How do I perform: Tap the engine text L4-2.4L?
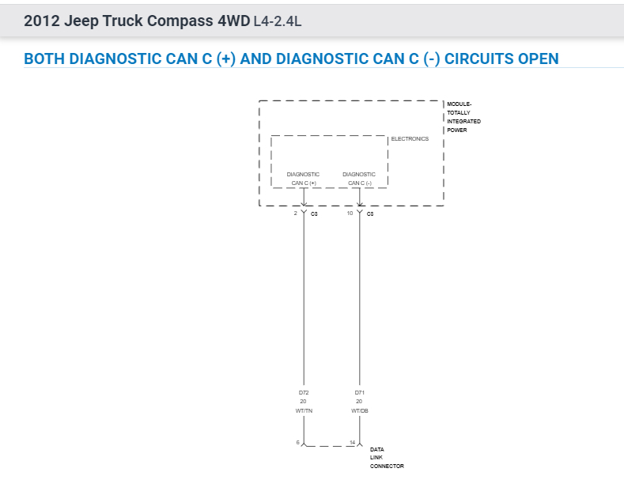pos(277,22)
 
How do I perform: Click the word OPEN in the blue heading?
pos(533,59)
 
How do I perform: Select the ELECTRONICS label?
pos(410,139)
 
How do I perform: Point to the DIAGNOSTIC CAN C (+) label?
pos(303,179)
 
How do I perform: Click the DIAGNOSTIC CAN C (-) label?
pos(359,179)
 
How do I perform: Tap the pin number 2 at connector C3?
pos(295,213)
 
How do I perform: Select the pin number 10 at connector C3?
pos(350,213)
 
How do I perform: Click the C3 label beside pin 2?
pos(314,214)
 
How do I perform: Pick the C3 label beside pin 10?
pos(369,214)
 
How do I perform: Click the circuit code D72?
pos(303,392)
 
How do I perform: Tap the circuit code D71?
pos(359,392)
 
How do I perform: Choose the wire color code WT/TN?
pos(303,411)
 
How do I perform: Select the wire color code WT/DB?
pos(359,411)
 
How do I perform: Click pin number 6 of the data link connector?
pos(298,442)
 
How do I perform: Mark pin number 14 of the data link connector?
pos(352,442)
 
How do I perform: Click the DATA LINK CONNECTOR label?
pos(386,458)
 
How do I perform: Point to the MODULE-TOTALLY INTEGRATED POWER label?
pos(463,117)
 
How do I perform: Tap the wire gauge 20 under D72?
pos(303,402)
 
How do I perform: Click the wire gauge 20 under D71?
pos(359,402)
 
